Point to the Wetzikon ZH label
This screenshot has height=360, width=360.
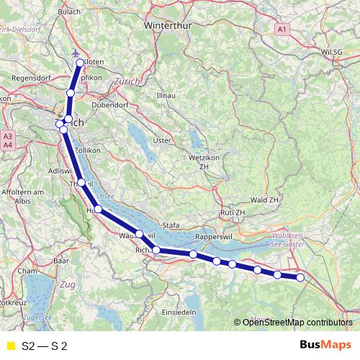[208, 161]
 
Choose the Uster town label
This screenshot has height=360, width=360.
[163, 140]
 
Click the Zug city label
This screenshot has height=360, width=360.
[68, 284]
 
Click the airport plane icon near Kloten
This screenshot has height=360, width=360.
[78, 53]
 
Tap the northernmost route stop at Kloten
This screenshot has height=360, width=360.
[80, 63]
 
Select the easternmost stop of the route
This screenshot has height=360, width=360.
[300, 277]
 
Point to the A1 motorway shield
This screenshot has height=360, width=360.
[282, 29]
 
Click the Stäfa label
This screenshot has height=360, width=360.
[172, 225]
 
